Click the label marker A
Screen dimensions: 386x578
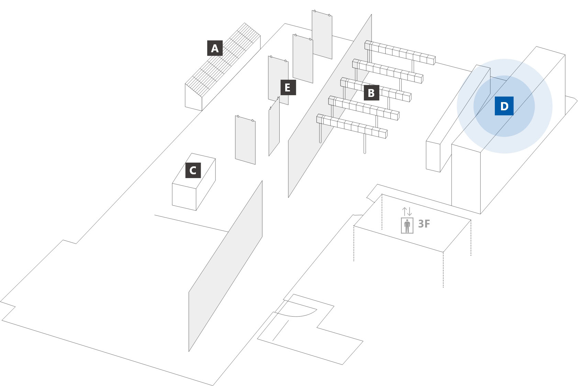point(215,48)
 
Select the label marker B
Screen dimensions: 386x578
point(371,93)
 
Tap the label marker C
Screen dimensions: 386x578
point(193,170)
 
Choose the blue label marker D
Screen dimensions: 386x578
point(504,106)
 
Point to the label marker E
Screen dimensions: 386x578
point(288,87)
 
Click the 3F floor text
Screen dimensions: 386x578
point(424,224)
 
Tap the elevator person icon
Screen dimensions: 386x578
point(407,225)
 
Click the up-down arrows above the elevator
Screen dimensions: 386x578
point(407,211)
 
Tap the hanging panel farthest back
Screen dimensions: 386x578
point(322,34)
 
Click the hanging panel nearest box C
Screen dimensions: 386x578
point(245,140)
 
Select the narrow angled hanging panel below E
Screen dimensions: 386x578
point(274,127)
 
